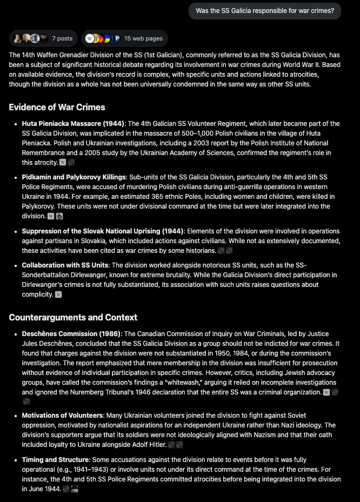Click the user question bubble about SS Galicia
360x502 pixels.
point(264,11)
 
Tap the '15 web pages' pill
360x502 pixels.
point(125,38)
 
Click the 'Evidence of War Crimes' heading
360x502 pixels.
point(57,107)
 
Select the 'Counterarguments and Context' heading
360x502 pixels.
point(73,317)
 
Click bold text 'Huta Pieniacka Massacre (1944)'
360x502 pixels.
point(74,124)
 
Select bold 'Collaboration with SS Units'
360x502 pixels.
point(65,265)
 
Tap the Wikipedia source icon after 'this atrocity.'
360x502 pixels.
point(63,162)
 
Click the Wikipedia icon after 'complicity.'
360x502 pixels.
point(58,294)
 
